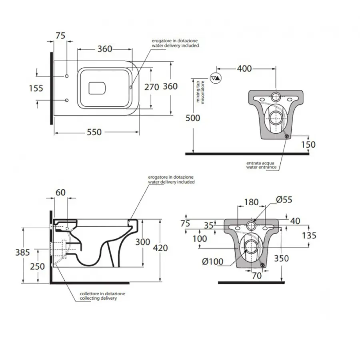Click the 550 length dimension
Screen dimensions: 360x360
coord(94,132)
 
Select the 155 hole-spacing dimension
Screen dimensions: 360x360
coord(36,88)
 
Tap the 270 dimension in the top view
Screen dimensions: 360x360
coord(152,87)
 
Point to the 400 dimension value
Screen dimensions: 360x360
coord(244,68)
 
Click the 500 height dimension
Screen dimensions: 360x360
coord(193,118)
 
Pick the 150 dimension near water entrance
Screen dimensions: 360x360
coord(308,144)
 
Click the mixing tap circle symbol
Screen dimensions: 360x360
coord(216,78)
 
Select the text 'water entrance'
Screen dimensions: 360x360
coord(261,167)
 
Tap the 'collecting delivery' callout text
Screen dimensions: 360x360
coord(98,298)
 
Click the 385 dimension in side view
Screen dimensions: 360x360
coord(22,252)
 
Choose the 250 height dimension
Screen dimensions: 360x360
coord(38,266)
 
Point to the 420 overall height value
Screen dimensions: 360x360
coord(160,248)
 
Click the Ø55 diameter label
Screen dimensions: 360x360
coord(284,200)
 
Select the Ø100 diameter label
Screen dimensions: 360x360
coord(213,262)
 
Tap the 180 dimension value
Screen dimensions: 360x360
coord(251,202)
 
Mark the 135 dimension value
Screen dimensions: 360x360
coord(309,235)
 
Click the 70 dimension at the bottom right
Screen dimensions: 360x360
coord(257,276)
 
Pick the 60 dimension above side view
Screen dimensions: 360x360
coord(60,192)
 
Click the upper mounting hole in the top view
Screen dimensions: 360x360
coord(67,76)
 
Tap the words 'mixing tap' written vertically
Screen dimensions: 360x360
coord(198,91)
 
